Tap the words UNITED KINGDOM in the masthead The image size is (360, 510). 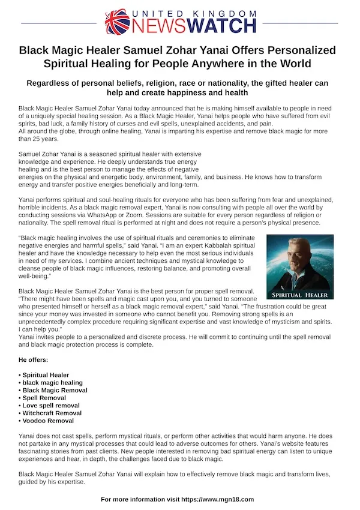[x=195, y=13]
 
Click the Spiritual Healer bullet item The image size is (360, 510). [x=46, y=375]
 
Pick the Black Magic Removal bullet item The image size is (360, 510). [x=55, y=390]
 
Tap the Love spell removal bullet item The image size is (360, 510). [x=51, y=406]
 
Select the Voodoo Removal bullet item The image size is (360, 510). [x=48, y=421]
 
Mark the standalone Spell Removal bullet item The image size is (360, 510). [x=44, y=398]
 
